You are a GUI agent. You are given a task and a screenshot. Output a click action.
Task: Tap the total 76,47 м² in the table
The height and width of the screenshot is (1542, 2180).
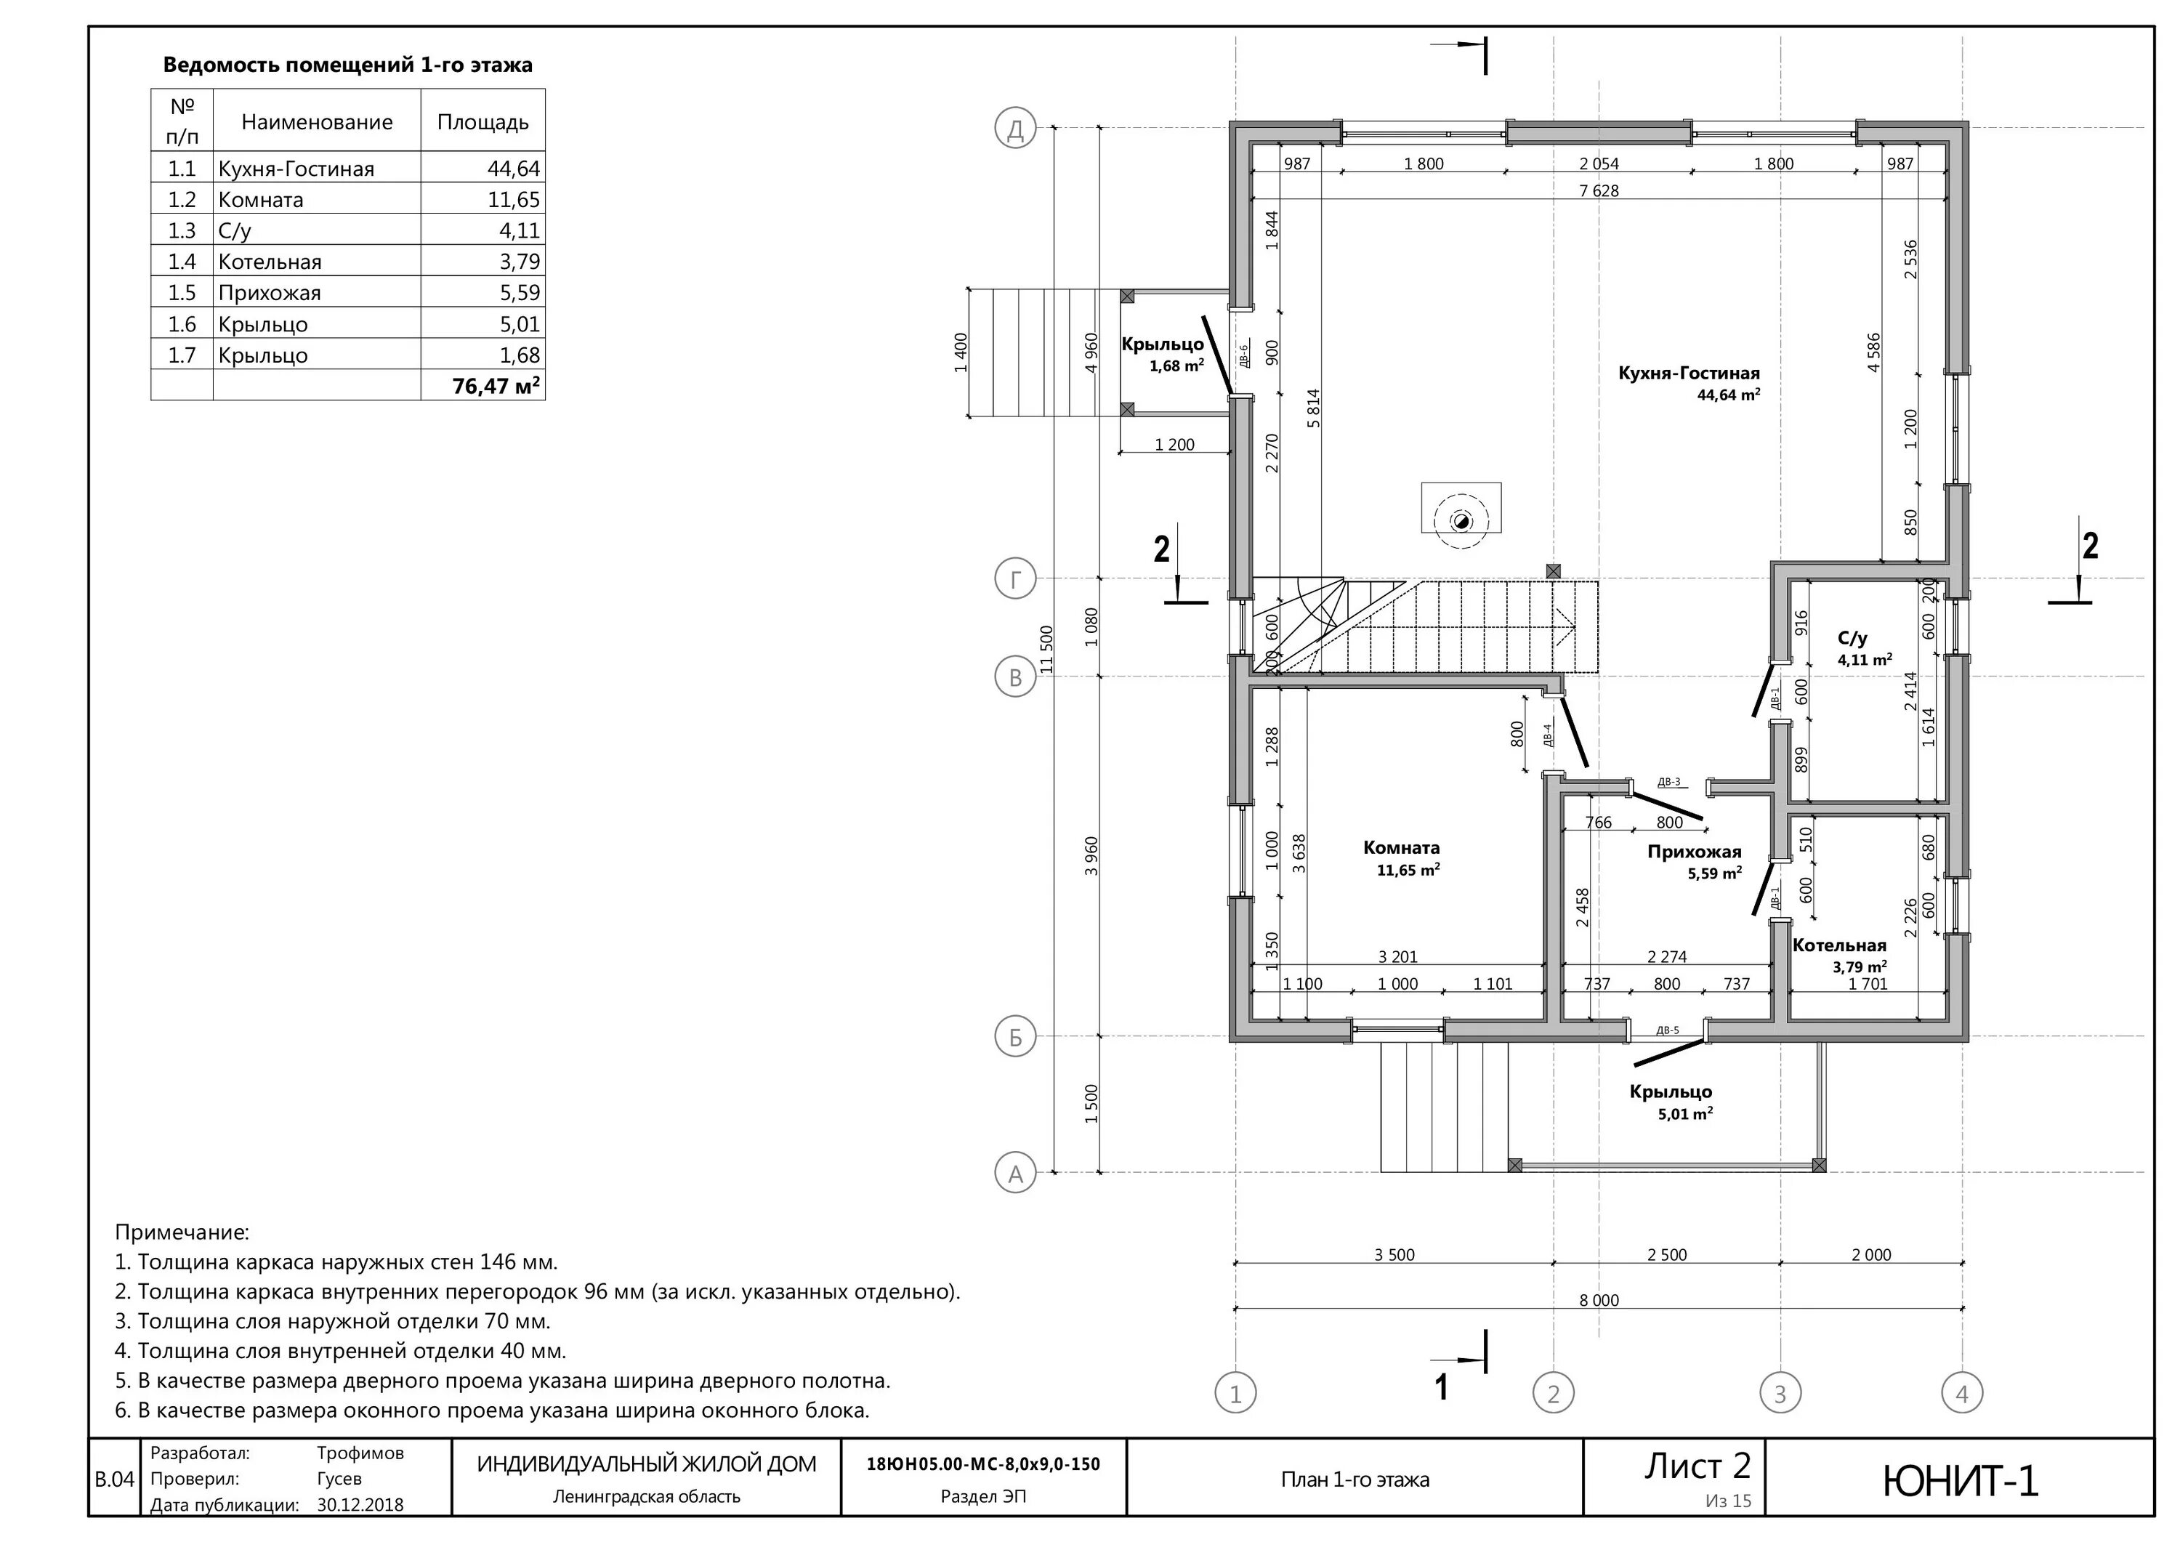(x=496, y=385)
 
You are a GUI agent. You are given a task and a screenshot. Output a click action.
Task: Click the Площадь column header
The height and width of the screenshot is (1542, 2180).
(x=483, y=121)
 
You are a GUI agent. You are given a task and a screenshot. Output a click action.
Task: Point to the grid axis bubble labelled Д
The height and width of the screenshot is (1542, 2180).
(x=1015, y=128)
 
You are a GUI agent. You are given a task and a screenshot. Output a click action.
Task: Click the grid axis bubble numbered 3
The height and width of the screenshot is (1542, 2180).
(x=1780, y=1394)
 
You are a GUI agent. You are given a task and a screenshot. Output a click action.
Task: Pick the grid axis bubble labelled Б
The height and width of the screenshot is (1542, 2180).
(x=1015, y=1038)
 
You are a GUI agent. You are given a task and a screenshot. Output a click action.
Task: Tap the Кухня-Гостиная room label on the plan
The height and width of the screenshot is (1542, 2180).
(x=1689, y=374)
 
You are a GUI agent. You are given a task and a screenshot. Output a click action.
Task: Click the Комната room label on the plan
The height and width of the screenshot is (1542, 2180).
(x=1402, y=848)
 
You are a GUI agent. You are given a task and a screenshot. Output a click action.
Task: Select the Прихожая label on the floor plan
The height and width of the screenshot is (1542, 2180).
(x=1694, y=852)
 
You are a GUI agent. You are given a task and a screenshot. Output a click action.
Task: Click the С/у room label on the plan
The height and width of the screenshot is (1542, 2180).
(x=1852, y=639)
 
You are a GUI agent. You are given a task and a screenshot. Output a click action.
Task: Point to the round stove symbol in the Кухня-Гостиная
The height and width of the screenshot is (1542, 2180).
(x=1461, y=520)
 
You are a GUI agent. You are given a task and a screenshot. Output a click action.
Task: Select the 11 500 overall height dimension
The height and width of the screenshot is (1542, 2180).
(x=1046, y=650)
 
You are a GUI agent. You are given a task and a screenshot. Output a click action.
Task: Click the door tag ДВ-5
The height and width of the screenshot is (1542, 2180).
(x=1667, y=1030)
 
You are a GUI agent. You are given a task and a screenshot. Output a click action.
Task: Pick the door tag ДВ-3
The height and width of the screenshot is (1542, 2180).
(x=1668, y=783)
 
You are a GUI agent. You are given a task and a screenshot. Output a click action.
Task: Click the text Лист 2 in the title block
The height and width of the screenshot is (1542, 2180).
(x=1697, y=1466)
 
